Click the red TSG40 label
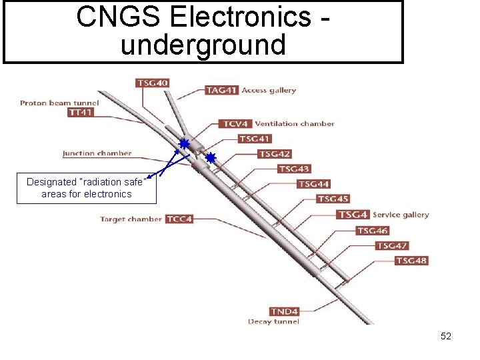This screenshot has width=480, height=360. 153,83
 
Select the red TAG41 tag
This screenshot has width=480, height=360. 221,90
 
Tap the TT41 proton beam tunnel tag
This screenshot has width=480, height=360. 81,113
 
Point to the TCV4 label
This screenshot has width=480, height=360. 235,124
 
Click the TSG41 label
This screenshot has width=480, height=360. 255,139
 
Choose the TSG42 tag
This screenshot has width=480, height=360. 274,154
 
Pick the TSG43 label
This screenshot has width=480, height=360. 294,169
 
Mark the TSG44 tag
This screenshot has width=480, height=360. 313,184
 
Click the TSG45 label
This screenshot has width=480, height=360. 333,199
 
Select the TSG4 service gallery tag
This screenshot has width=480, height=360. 353,215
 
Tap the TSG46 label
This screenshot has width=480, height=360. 372,231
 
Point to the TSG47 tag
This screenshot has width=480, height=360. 392,246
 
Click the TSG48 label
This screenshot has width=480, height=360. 411,261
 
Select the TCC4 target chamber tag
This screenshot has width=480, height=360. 179,219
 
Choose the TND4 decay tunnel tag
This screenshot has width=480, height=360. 285,311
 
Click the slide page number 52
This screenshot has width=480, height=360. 446,337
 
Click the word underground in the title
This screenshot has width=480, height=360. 203,45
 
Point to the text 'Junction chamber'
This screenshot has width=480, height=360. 97,153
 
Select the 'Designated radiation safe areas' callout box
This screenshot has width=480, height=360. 87,188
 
